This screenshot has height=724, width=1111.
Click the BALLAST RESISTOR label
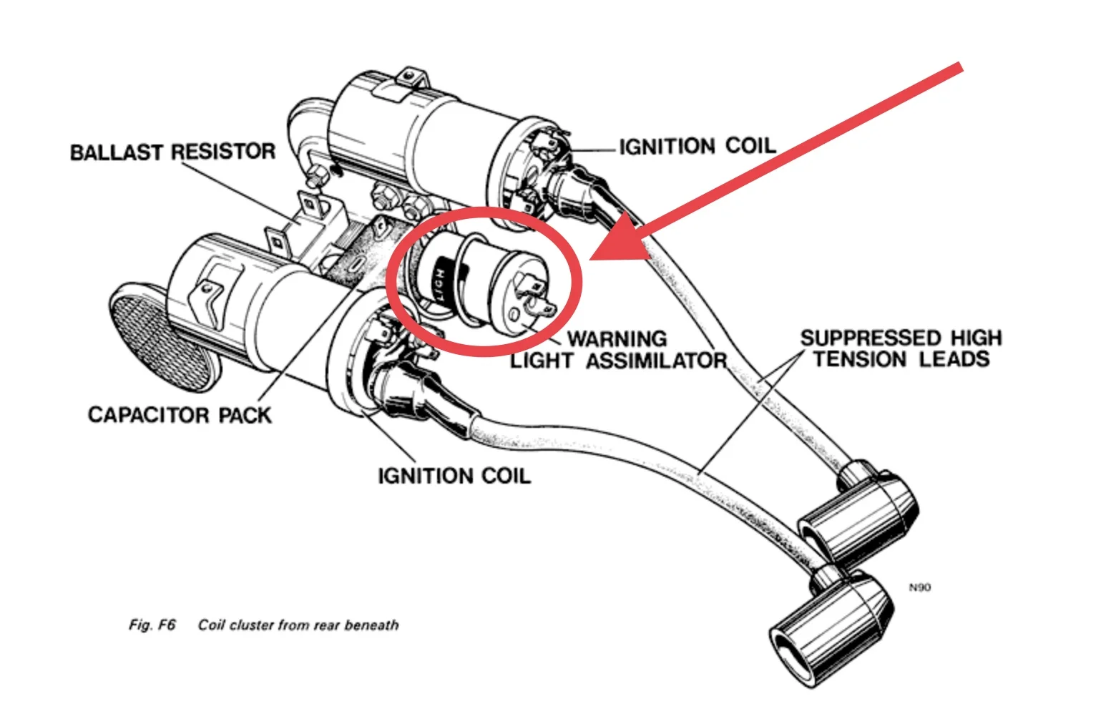(172, 152)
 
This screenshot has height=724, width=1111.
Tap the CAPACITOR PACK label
(180, 415)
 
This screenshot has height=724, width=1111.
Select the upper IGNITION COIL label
(698, 147)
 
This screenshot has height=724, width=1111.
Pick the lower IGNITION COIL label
(454, 476)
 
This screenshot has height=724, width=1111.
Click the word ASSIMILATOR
(656, 360)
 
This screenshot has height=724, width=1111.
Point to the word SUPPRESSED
(871, 338)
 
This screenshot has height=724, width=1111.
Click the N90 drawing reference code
(920, 587)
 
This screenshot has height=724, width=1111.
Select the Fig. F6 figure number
(152, 625)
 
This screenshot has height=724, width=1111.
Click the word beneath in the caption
(371, 625)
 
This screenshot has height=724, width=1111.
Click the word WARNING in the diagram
(617, 338)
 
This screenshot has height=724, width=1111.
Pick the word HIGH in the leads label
(976, 338)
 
